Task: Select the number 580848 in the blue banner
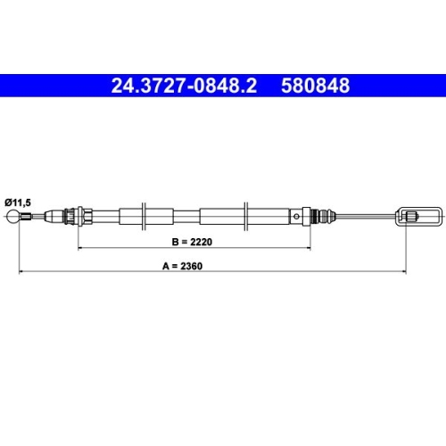coord(316,87)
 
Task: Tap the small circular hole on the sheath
coord(293,215)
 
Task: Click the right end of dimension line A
coord(408,271)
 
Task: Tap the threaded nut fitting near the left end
coord(70,215)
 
